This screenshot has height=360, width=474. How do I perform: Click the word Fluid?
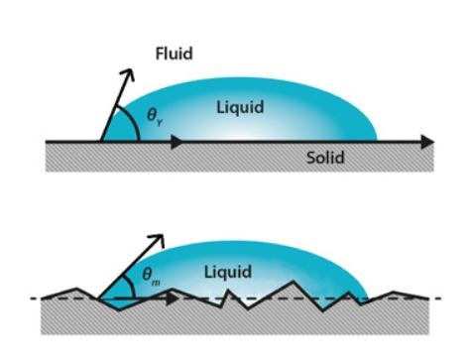tap(174, 53)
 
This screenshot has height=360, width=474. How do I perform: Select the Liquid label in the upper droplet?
tap(240, 106)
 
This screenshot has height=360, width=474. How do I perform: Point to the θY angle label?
tap(155, 118)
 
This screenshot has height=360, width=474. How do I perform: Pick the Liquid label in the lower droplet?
tap(228, 271)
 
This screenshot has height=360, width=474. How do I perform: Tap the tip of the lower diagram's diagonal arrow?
tap(161, 236)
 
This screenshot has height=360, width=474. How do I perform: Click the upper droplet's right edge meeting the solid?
tap(378, 141)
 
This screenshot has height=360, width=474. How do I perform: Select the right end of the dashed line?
tap(440, 298)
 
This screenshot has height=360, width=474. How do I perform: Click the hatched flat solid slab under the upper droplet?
tap(238, 159)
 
